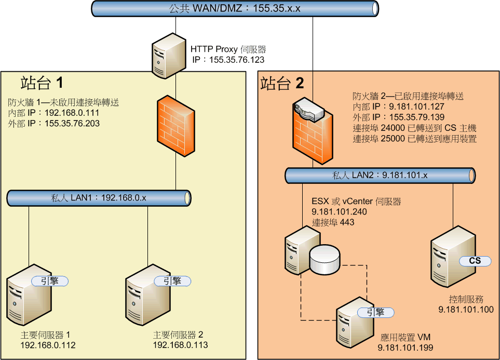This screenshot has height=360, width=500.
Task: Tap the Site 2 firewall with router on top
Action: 312,129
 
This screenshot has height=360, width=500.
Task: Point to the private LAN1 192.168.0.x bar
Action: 99,198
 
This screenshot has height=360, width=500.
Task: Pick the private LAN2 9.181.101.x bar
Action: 380,176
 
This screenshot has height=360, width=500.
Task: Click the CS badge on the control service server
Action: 474,261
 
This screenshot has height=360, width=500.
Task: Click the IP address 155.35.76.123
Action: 237,60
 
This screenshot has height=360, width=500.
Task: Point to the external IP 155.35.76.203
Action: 71,124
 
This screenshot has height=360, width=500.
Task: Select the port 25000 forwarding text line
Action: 414,139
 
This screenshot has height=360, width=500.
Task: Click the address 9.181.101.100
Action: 466,310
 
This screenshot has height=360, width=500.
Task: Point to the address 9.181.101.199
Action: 405,348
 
